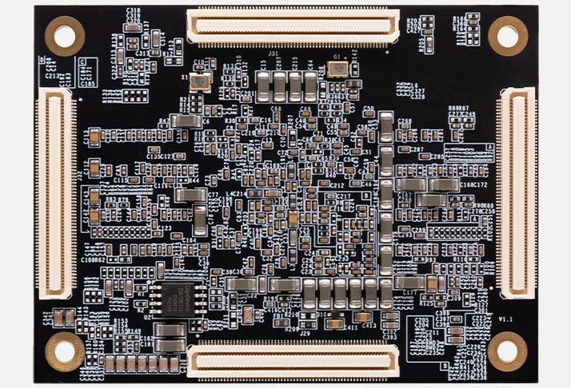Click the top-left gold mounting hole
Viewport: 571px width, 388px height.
[64, 35]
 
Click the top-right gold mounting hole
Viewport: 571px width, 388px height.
[507, 35]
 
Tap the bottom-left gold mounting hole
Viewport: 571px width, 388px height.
[64, 351]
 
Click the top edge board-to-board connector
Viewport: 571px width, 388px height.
[293, 26]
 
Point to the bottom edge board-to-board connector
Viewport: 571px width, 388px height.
[293, 358]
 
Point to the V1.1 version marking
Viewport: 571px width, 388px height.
[505, 319]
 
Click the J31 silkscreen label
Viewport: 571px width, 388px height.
[273, 53]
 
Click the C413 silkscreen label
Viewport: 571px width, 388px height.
[369, 326]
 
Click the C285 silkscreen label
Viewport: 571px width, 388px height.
[437, 157]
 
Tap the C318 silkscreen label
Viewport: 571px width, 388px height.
[134, 10]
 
